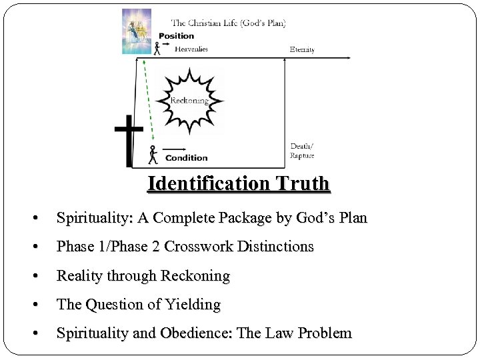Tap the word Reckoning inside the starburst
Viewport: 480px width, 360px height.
coord(190,101)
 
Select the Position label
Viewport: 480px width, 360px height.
coord(176,36)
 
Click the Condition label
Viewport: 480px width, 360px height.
coord(186,158)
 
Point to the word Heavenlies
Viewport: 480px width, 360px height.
coord(191,49)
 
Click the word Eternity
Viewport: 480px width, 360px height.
coord(302,50)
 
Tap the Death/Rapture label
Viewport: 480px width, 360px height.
coord(301,151)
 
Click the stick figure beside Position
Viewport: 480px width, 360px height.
coord(157,48)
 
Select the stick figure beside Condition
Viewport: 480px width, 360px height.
coord(153,155)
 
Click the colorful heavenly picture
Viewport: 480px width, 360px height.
coord(137,31)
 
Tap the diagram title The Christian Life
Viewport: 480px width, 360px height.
coord(229,23)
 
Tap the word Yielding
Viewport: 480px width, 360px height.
coord(196,305)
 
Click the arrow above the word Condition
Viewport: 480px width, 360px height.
coord(175,149)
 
